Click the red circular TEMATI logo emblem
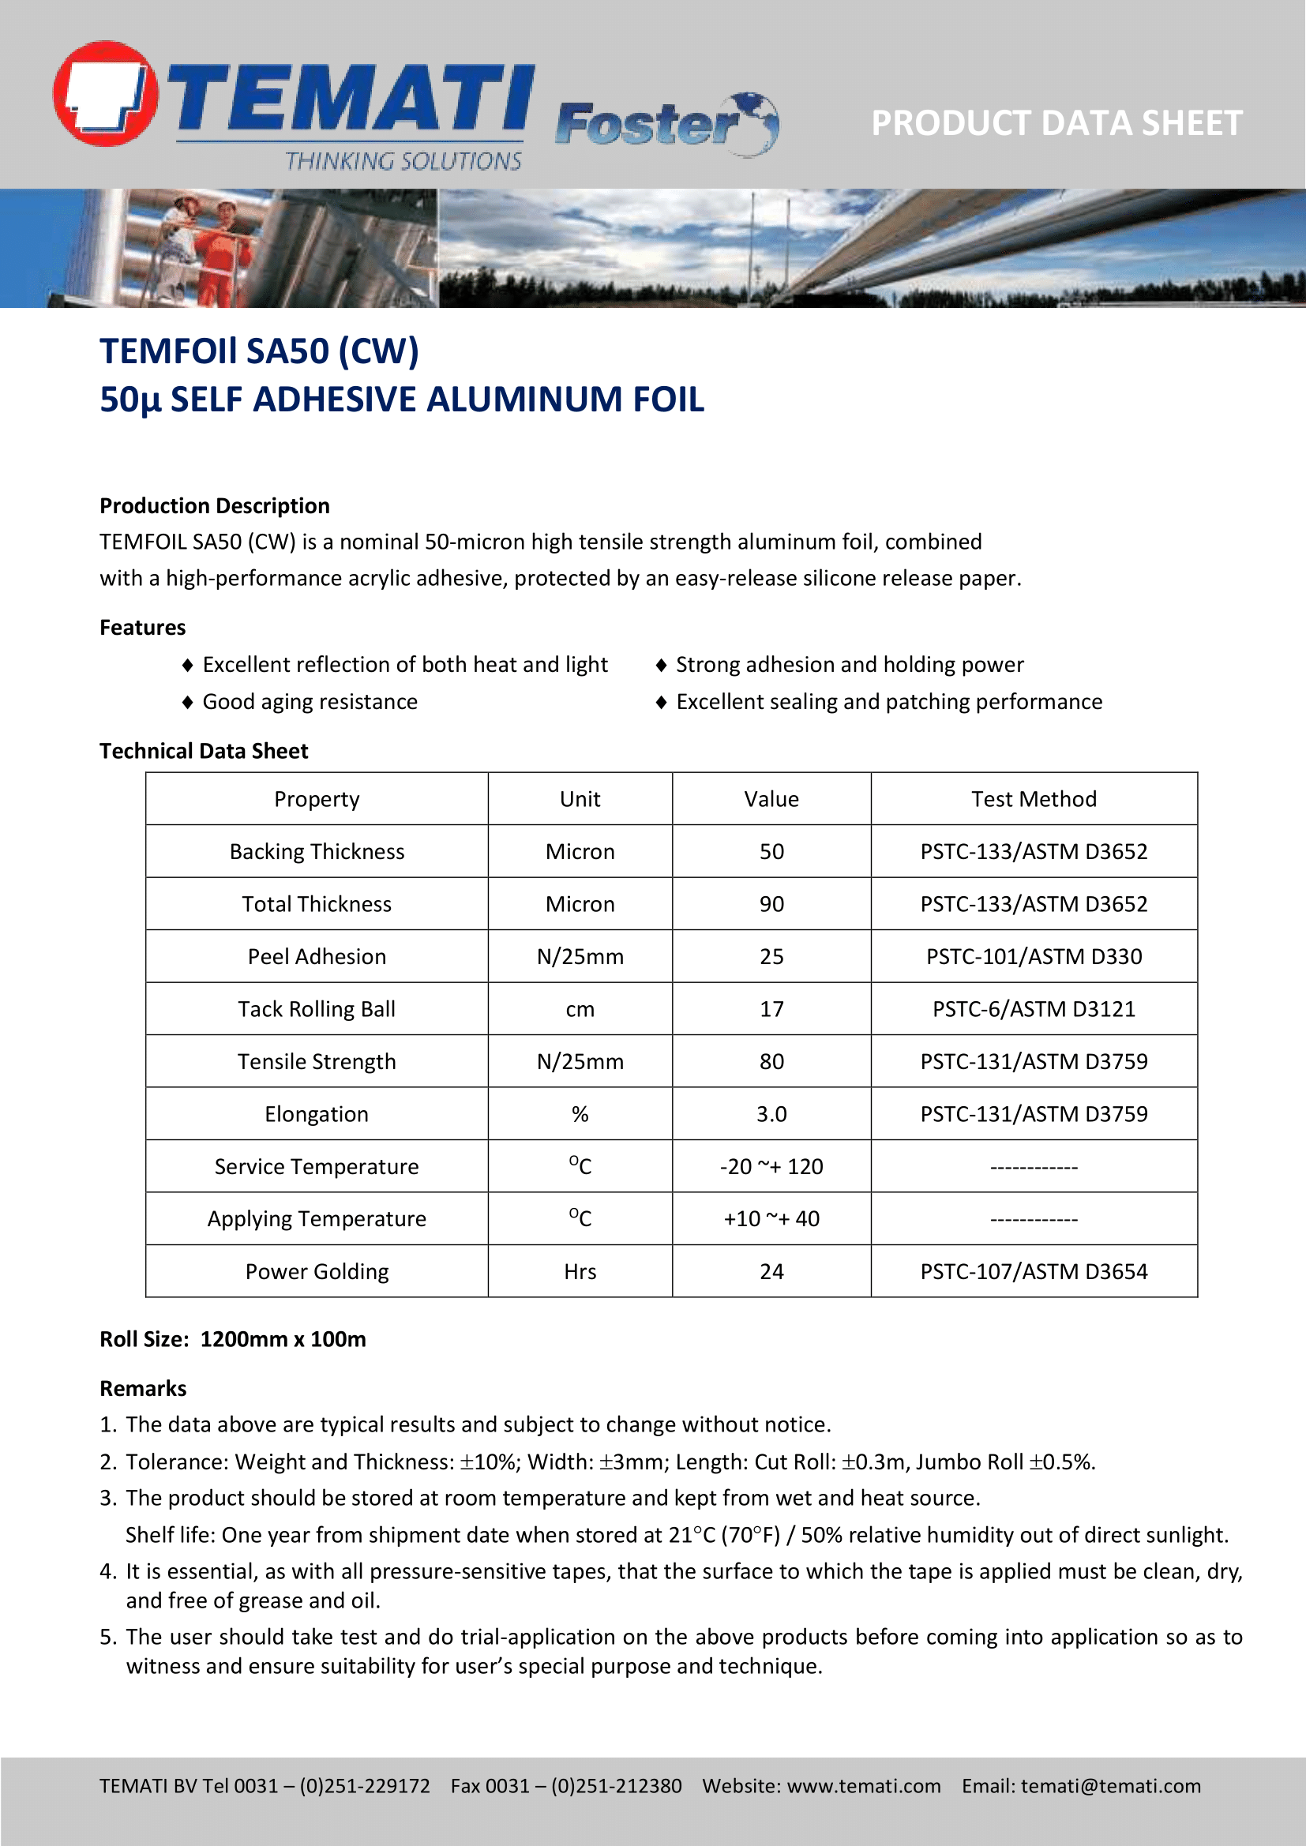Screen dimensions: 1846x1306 click(x=105, y=94)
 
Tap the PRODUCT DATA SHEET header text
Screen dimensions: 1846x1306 click(x=1056, y=123)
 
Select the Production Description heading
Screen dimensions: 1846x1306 click(x=215, y=506)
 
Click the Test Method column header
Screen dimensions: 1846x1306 click(x=1034, y=799)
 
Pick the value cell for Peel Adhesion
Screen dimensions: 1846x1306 click(x=771, y=957)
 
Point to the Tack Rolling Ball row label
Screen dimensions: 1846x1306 click(x=317, y=1009)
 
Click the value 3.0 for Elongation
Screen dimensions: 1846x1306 click(x=771, y=1114)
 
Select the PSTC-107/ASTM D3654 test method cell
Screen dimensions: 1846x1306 click(x=1034, y=1271)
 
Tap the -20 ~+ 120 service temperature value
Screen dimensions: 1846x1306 click(x=771, y=1167)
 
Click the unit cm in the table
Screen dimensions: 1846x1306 click(x=580, y=1009)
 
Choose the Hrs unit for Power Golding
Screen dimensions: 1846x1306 click(x=580, y=1271)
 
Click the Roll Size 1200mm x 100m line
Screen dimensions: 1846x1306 click(x=232, y=1339)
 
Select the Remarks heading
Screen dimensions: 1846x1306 click(x=143, y=1389)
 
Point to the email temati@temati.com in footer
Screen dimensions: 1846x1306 click(x=1111, y=1786)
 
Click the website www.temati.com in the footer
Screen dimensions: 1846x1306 click(x=864, y=1786)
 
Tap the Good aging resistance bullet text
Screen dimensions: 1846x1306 click(x=310, y=702)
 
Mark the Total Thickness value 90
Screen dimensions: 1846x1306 click(x=771, y=905)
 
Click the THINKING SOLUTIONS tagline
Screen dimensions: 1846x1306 click(x=403, y=162)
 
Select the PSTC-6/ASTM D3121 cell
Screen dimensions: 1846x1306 click(x=1034, y=1009)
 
